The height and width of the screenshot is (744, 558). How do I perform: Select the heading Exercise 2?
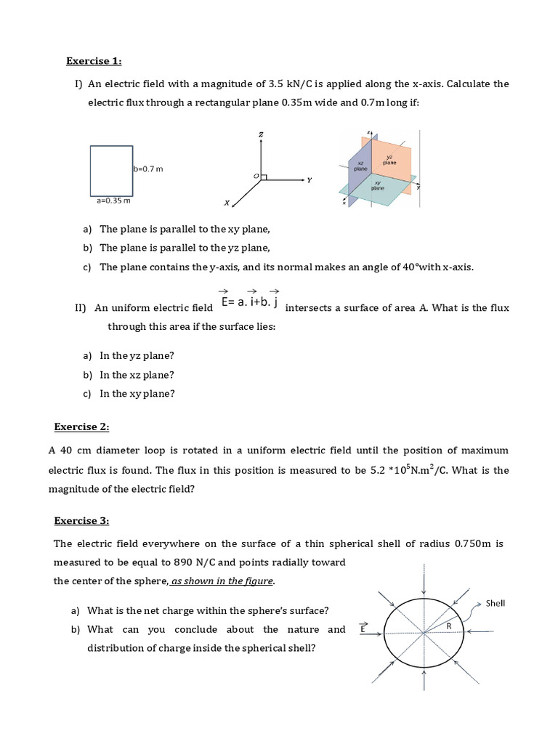pos(82,426)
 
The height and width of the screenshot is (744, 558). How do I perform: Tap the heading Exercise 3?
pos(82,520)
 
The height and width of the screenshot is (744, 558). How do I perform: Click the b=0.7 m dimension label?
pos(148,169)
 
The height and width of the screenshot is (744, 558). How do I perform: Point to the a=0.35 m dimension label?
pos(113,200)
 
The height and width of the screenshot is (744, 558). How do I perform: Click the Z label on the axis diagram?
pos(260,135)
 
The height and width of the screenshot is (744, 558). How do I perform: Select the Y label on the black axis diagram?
pos(309,180)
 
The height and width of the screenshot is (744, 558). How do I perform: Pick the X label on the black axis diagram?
pos(227,203)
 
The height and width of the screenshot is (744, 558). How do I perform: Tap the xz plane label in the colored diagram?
pos(360,165)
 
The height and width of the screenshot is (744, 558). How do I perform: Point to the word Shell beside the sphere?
pos(496,602)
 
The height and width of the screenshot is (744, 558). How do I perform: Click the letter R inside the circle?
pos(448,625)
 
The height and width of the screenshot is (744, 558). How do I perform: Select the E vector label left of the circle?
pos(364,627)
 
